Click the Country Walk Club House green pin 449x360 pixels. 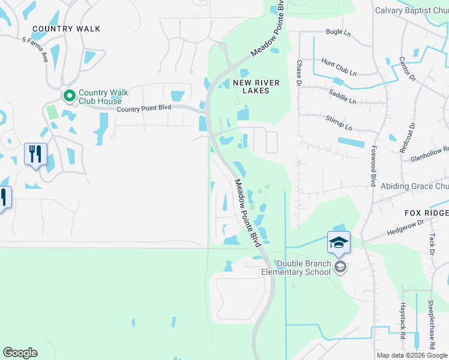tap(69, 95)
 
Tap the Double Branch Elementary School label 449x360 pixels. tap(296, 268)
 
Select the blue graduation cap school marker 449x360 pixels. tap(339, 242)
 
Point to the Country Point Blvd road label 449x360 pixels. tap(144, 108)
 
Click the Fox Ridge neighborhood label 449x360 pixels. tap(426, 213)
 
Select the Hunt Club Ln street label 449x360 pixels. tap(339, 65)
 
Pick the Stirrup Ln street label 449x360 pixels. tap(340, 124)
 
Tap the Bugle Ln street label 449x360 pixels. tap(338, 32)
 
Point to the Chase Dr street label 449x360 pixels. tap(298, 72)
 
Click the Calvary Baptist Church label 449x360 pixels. tap(411, 10)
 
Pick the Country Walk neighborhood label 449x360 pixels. tap(66, 29)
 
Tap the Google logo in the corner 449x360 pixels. tap(20, 353)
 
